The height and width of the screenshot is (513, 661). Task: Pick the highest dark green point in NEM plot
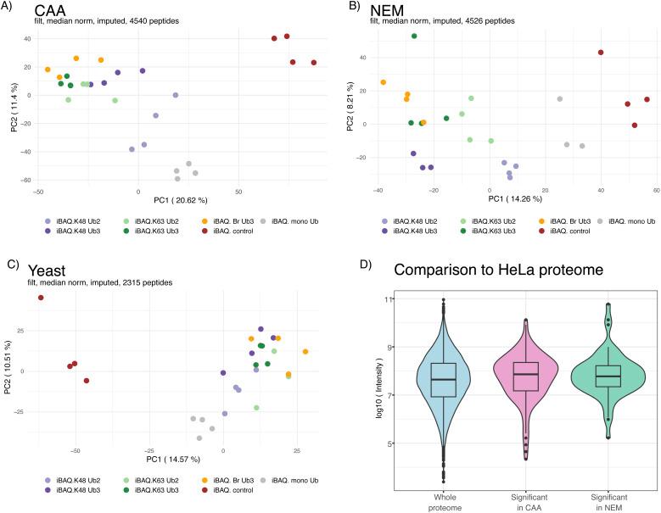tap(414, 36)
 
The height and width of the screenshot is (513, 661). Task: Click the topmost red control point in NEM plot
tap(601, 53)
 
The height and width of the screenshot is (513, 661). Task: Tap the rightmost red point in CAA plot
tap(314, 63)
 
